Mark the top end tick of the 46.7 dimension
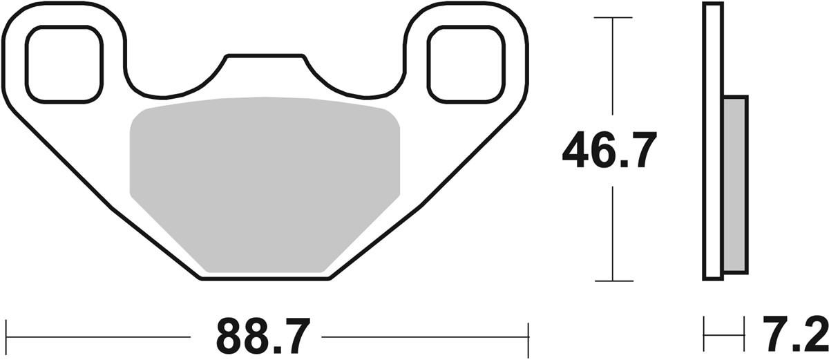pyautogui.click(x=613, y=17)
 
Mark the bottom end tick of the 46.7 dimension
pyautogui.click(x=613, y=281)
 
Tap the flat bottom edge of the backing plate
pyautogui.click(x=265, y=279)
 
